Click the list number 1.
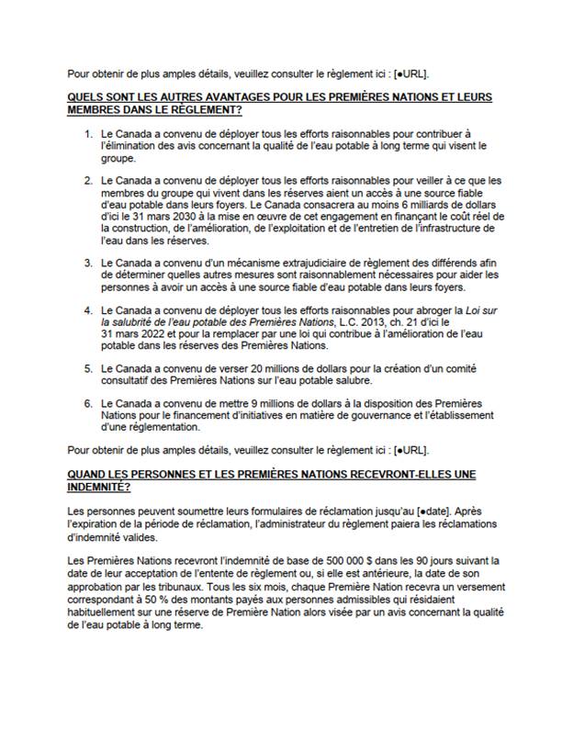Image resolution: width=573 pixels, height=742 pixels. (88, 133)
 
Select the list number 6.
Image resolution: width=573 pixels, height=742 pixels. (88, 403)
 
